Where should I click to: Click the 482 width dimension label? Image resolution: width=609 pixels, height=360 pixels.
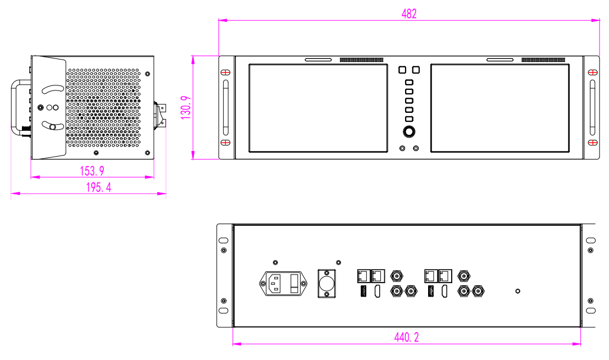(409, 13)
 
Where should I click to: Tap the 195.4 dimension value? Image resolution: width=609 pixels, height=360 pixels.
(98, 187)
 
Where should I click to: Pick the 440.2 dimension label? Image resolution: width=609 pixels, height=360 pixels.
(406, 337)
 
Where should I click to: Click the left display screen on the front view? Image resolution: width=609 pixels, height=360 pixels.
(318, 108)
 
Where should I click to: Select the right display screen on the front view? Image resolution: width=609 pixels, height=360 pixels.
(500, 108)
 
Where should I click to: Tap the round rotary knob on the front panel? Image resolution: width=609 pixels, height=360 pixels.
(409, 133)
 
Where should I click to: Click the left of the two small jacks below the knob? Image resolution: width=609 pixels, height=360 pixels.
(402, 148)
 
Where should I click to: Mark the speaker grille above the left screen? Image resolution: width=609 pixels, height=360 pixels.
(361, 60)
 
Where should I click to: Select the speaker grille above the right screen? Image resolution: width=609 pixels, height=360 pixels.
(543, 60)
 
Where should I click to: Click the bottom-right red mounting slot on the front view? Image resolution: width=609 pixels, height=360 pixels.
(592, 143)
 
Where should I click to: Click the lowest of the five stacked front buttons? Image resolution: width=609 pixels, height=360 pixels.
(409, 119)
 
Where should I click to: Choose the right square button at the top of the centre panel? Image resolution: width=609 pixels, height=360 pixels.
(416, 70)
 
